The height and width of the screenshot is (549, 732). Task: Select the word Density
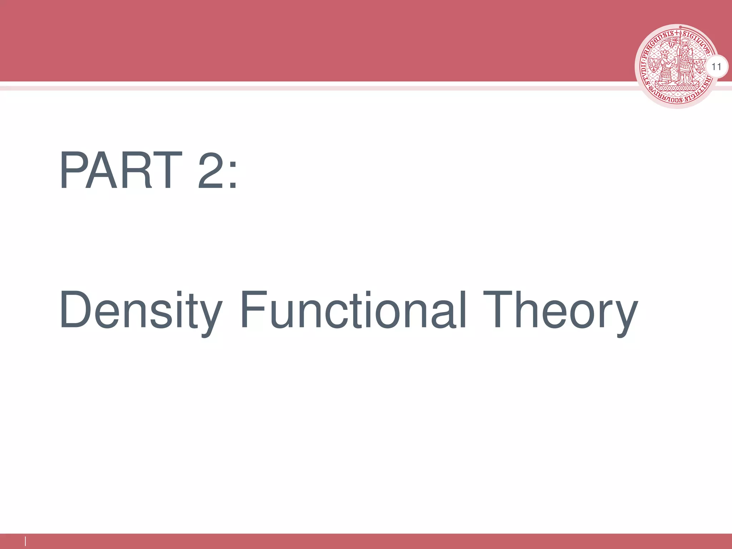pyautogui.click(x=141, y=311)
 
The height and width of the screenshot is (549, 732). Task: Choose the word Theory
pyautogui.click(x=560, y=311)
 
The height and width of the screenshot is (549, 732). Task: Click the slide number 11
pyautogui.click(x=716, y=67)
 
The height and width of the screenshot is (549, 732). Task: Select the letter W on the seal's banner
pyautogui.click(x=671, y=46)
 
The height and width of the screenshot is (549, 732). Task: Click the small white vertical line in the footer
pyautogui.click(x=25, y=541)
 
